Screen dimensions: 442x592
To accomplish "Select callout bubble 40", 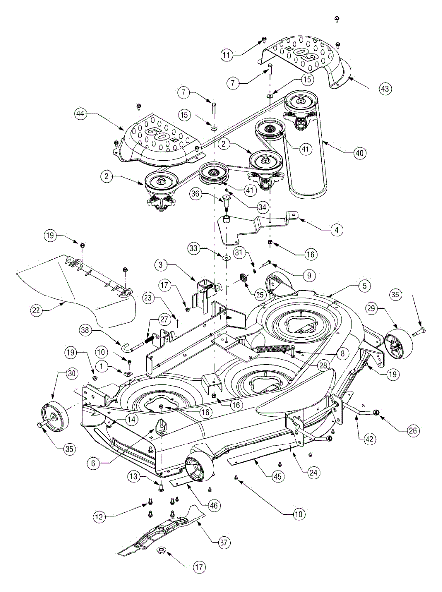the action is coord(360,153).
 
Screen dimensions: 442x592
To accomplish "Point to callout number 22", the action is coord(36,310).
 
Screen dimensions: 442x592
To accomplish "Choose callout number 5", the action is coord(365,286).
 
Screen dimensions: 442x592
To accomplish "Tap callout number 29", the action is coord(371,308).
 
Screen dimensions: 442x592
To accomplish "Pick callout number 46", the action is coord(214,505).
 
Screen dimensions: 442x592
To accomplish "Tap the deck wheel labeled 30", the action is coord(55,415).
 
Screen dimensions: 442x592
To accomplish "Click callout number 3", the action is coord(161,264).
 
